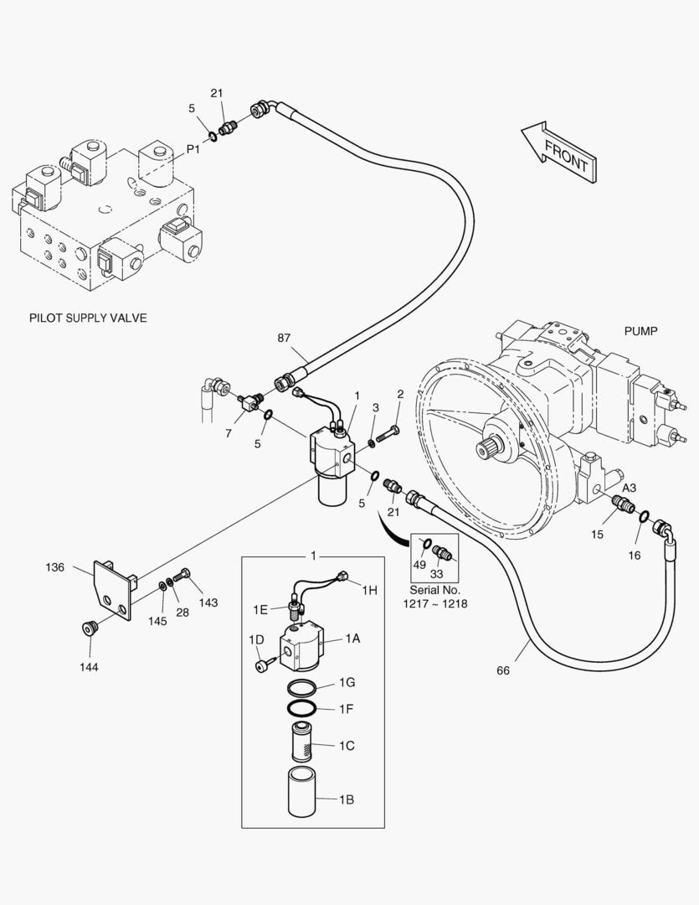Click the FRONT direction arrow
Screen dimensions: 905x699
pos(559,152)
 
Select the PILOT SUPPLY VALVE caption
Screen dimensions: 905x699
pos(88,318)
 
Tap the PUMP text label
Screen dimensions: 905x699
pos(640,331)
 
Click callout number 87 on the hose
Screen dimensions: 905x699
pos(285,339)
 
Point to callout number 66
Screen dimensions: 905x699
pos(503,670)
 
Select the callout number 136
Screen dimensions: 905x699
pos(55,567)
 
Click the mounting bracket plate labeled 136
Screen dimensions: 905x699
pos(112,591)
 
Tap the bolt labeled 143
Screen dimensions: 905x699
pos(185,576)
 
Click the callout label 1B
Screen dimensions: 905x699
pos(347,799)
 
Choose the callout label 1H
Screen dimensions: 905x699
pos(369,590)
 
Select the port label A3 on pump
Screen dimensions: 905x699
pos(628,488)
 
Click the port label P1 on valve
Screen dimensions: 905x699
pos(193,148)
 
